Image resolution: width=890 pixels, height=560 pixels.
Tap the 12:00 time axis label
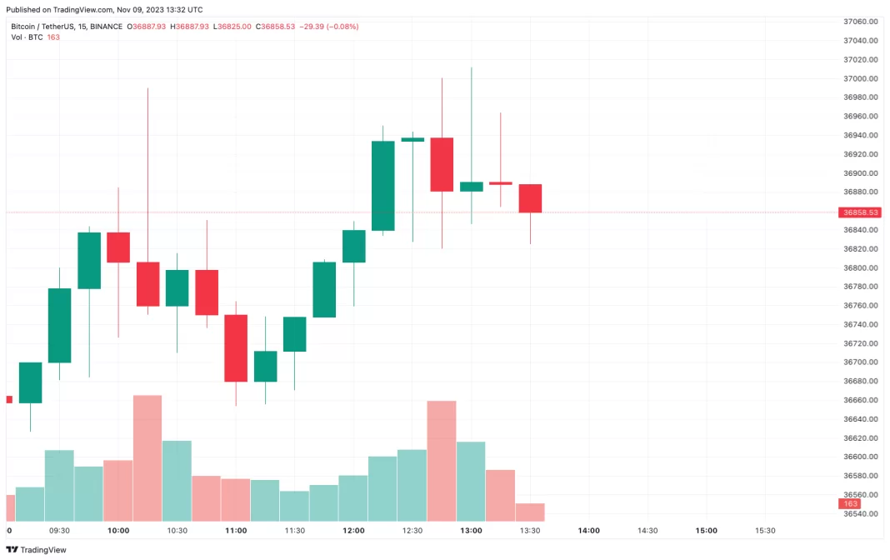pyautogui.click(x=353, y=531)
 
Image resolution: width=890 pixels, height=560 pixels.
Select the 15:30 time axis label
pyautogui.click(x=765, y=531)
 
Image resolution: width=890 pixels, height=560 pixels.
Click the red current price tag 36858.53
pyautogui.click(x=858, y=212)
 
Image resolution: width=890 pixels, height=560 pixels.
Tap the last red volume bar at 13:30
pyautogui.click(x=530, y=512)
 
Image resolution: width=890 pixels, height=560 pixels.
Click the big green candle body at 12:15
pyautogui.click(x=382, y=185)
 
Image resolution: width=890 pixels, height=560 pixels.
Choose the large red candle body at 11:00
pyautogui.click(x=236, y=348)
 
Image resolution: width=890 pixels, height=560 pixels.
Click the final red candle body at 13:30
pyautogui.click(x=530, y=198)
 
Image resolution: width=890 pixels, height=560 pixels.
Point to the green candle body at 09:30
pyautogui.click(x=59, y=325)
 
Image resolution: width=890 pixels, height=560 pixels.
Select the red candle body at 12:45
pyautogui.click(x=442, y=164)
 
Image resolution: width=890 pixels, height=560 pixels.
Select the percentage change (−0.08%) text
pyautogui.click(x=342, y=27)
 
